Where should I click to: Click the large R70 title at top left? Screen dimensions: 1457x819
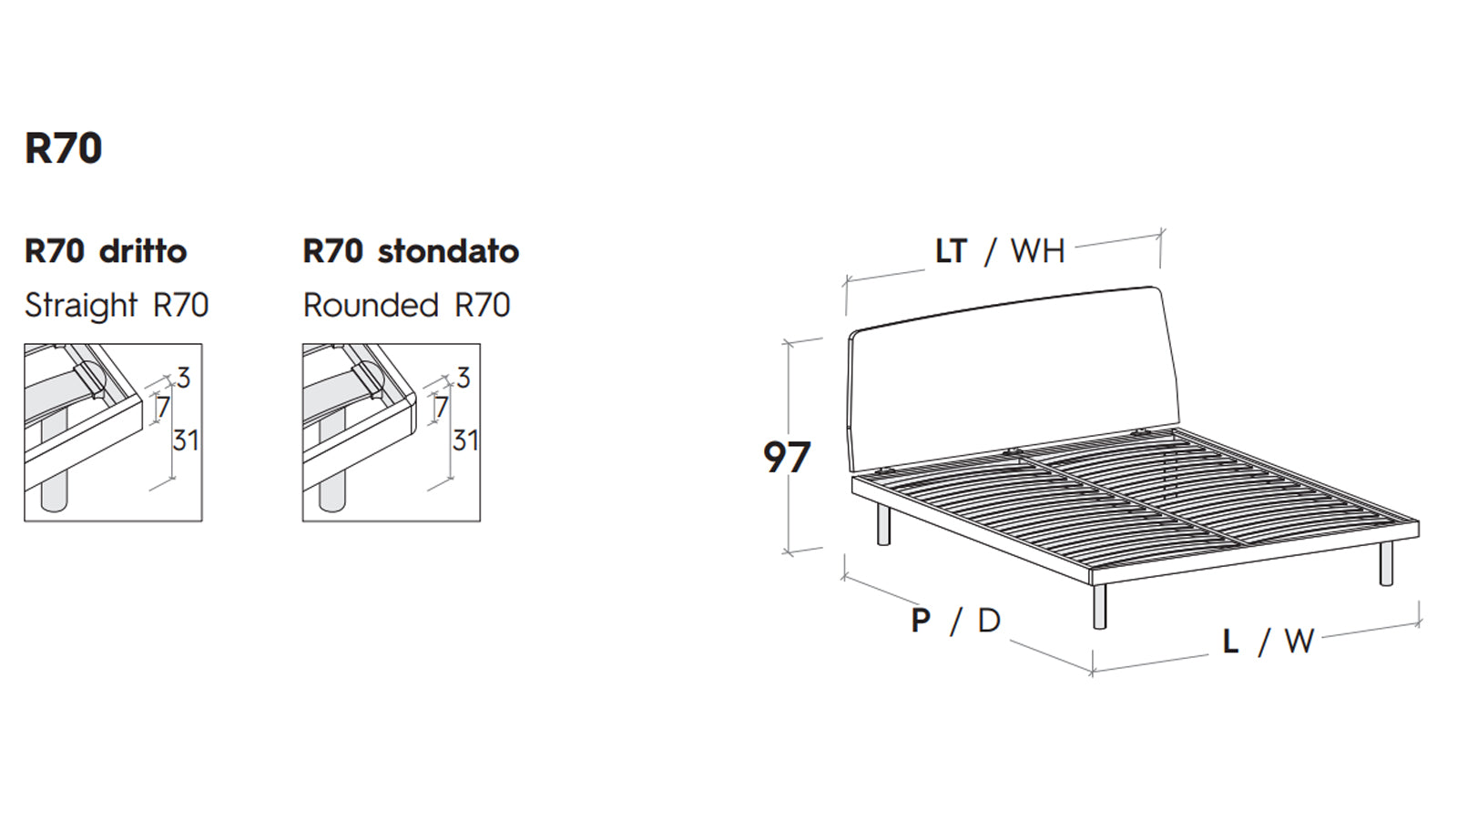coord(63,148)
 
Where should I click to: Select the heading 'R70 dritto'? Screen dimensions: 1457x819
coord(106,251)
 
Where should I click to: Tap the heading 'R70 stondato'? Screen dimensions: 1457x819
coord(411,251)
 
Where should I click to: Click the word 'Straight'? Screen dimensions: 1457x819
coord(81,305)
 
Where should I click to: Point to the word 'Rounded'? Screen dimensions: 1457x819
coord(371,305)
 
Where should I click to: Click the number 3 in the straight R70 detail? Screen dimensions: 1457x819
coord(183,378)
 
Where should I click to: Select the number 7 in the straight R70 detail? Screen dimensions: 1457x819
coord(163,408)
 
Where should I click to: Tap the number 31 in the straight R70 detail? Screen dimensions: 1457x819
coord(186,440)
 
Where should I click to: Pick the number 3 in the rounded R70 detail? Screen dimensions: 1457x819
coord(463,378)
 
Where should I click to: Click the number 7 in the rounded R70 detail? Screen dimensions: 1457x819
coord(442,408)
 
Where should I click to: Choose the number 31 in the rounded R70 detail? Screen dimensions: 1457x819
coord(465,440)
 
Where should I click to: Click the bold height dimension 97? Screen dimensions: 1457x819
coord(787,457)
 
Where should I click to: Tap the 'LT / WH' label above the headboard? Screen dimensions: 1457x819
coord(1000,251)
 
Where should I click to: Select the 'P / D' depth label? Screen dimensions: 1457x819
coord(955,621)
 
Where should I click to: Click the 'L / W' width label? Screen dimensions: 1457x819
coord(1269,642)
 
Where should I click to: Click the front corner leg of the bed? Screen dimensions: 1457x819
coord(1099,606)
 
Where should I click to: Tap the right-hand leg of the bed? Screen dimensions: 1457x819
coord(1386,563)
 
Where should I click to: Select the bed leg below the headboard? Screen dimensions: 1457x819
coord(883,524)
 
